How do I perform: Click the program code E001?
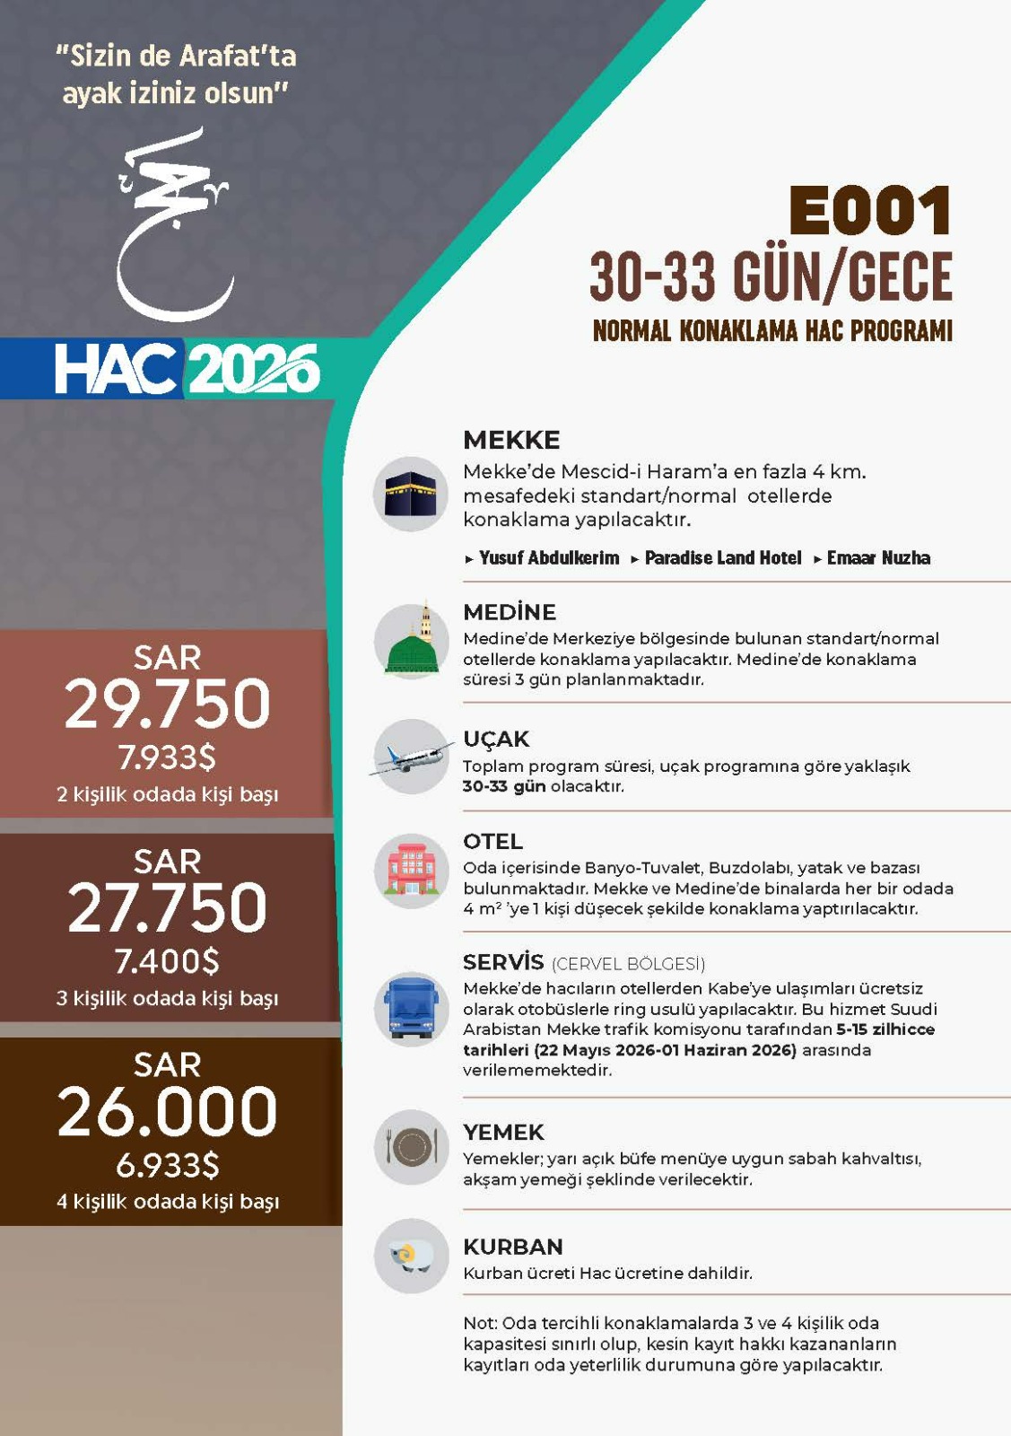pyautogui.click(x=869, y=212)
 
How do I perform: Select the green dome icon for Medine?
pyautogui.click(x=411, y=642)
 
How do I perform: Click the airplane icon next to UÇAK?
pyautogui.click(x=411, y=757)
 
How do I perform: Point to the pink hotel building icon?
pyautogui.click(x=411, y=871)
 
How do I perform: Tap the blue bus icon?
pyautogui.click(x=411, y=1009)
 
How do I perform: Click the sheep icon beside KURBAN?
pyautogui.click(x=411, y=1256)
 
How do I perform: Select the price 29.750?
pyautogui.click(x=168, y=704)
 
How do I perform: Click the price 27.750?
pyautogui.click(x=168, y=907)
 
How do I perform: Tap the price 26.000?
pyautogui.click(x=168, y=1111)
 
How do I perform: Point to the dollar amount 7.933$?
pyautogui.click(x=168, y=758)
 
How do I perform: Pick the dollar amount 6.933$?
pyautogui.click(x=168, y=1166)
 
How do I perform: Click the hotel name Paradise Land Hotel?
pyautogui.click(x=722, y=558)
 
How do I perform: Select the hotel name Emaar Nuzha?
pyautogui.click(x=877, y=558)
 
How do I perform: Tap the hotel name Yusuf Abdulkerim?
pyautogui.click(x=548, y=558)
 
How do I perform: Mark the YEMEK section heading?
pyautogui.click(x=503, y=1133)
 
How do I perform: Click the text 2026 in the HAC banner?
pyautogui.click(x=254, y=369)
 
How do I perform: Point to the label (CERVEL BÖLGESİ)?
pyautogui.click(x=628, y=964)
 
